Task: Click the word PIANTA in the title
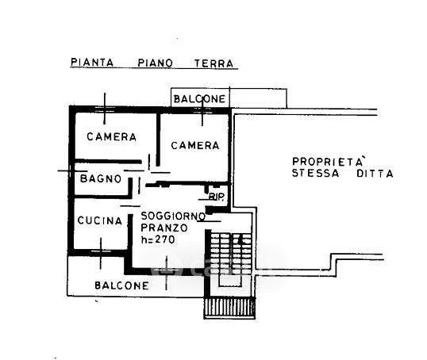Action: (x=92, y=63)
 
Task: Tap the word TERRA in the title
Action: (x=213, y=63)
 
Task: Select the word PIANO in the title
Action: (x=155, y=63)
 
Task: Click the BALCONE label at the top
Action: (x=199, y=99)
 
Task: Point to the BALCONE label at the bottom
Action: (x=121, y=285)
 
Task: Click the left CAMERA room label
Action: (x=111, y=136)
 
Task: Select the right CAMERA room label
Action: (x=195, y=145)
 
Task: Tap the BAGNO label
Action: (x=101, y=178)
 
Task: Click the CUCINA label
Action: (x=100, y=220)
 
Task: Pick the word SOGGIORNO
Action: (x=173, y=216)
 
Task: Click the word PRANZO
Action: (x=164, y=228)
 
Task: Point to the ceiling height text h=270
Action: (x=158, y=239)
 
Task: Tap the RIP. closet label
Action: (x=217, y=196)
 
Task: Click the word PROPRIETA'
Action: (x=328, y=161)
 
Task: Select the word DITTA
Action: (x=375, y=174)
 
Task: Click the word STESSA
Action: (x=316, y=173)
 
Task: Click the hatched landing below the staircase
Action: (x=229, y=308)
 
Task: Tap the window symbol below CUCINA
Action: (x=101, y=253)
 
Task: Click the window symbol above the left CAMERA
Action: (x=105, y=109)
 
